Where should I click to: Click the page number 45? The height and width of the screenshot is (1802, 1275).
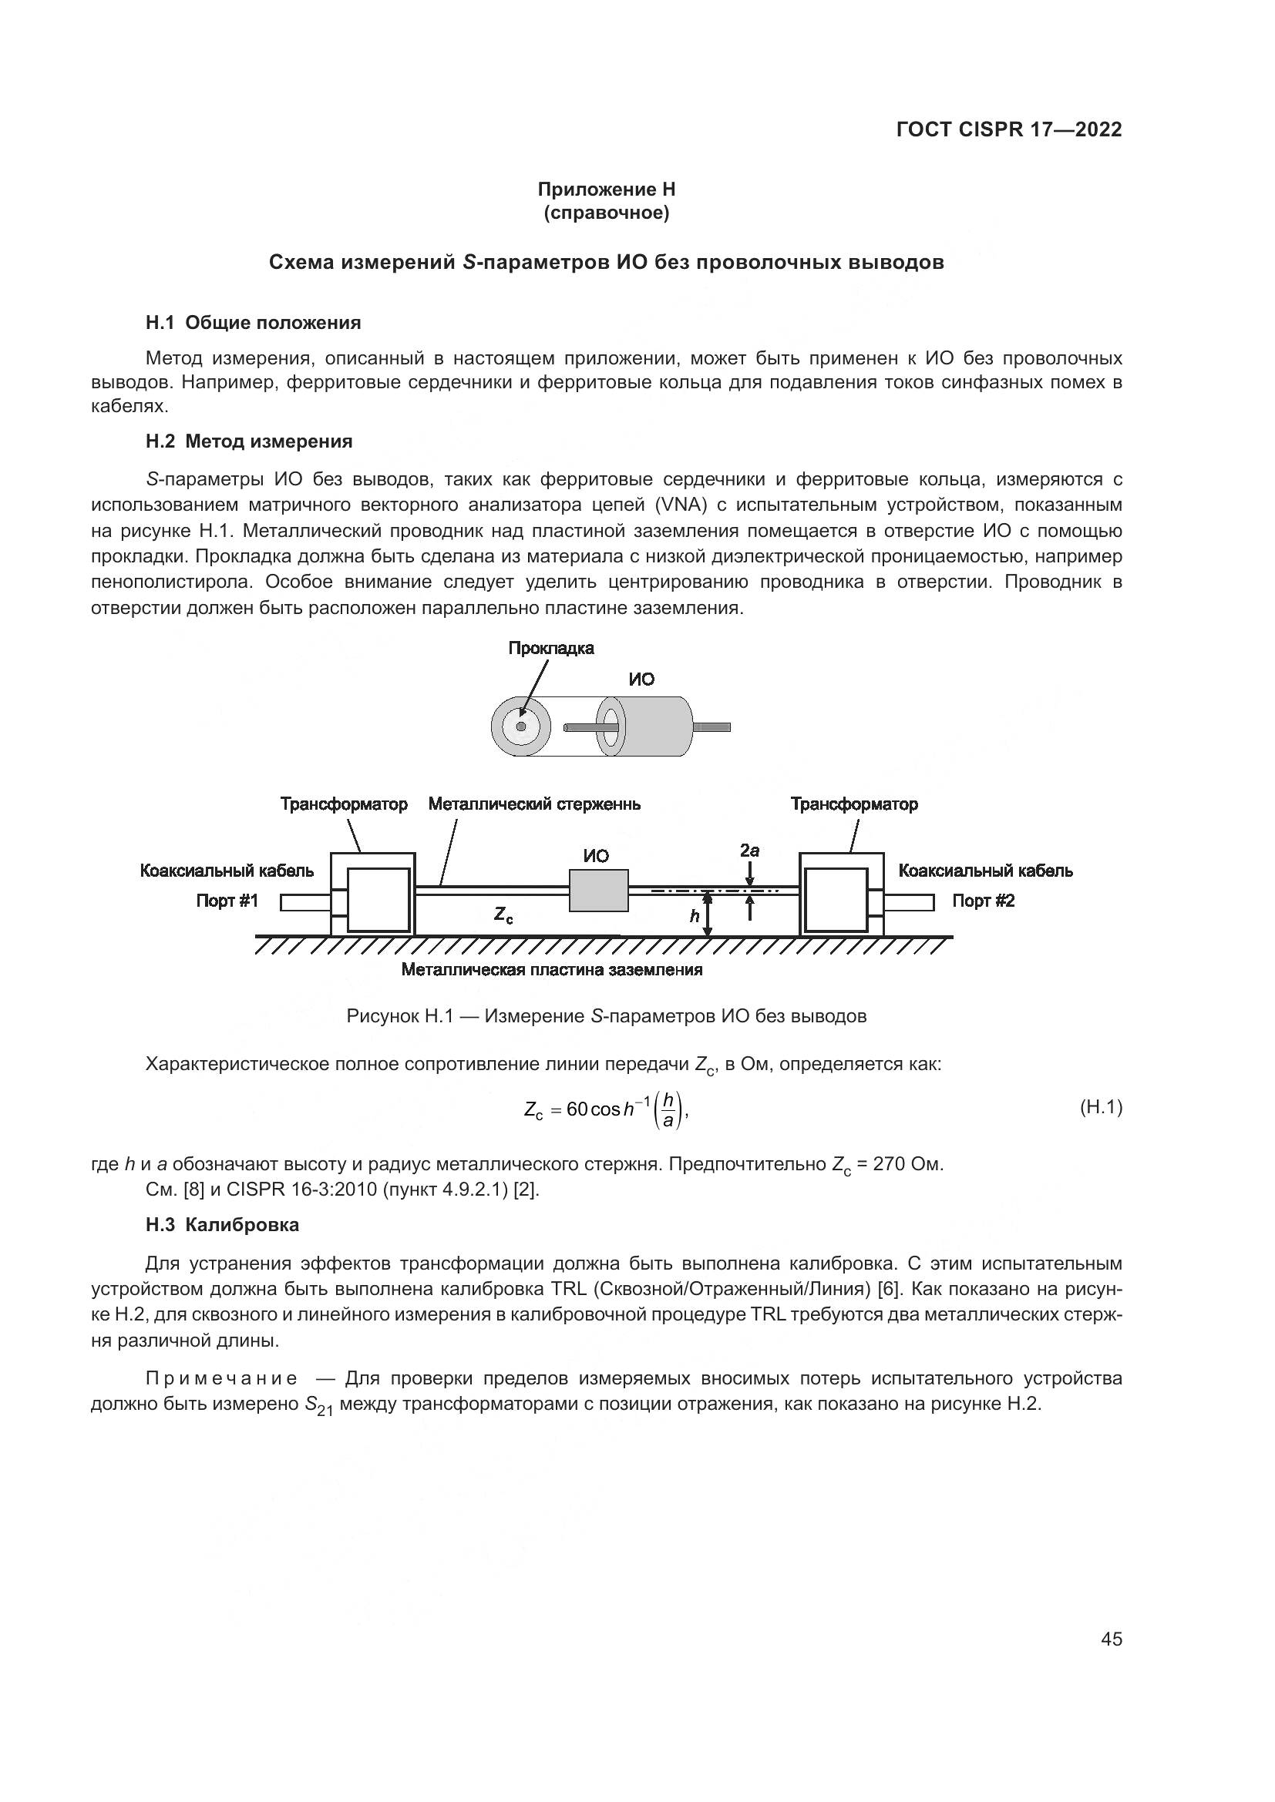(1111, 1639)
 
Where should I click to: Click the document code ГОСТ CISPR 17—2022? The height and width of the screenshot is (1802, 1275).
(1008, 129)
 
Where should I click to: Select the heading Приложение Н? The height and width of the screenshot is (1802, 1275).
(606, 190)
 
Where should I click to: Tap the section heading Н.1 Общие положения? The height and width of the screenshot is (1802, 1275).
(253, 323)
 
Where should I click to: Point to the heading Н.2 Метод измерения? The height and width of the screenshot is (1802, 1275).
(249, 441)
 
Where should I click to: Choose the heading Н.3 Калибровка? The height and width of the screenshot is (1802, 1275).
(222, 1224)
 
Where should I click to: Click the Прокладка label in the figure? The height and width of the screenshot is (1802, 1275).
(550, 648)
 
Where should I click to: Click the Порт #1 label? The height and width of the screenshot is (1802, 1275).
(227, 901)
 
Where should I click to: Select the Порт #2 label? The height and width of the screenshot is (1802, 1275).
(983, 901)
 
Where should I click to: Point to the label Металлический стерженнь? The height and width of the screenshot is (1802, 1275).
(534, 804)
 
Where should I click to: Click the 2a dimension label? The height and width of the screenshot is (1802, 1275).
(749, 851)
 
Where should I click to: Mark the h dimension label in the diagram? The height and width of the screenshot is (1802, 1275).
(695, 916)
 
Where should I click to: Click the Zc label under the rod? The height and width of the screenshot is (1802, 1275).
(503, 914)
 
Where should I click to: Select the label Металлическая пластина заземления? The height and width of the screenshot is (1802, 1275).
(551, 970)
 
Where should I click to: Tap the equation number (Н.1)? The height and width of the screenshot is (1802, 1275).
(1101, 1107)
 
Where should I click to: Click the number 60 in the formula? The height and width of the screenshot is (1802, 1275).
(577, 1109)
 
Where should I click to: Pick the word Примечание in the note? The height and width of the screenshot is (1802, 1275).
(221, 1378)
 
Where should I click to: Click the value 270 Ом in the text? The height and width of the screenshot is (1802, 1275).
(907, 1164)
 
